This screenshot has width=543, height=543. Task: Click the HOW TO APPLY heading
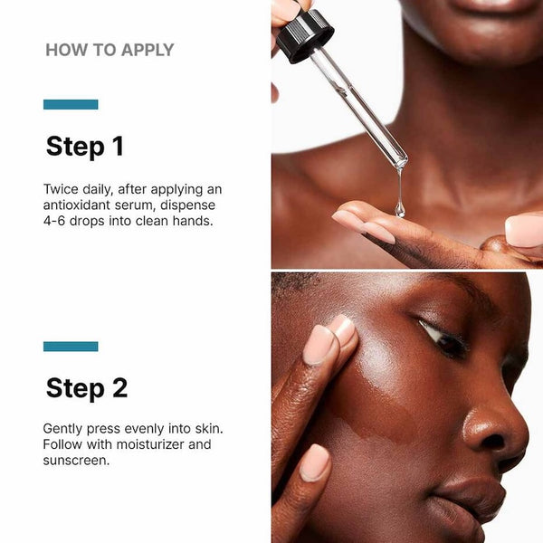(x=110, y=50)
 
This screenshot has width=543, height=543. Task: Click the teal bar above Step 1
(x=71, y=104)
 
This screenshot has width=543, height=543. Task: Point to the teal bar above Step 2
(x=71, y=346)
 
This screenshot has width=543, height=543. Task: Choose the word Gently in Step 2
(x=64, y=428)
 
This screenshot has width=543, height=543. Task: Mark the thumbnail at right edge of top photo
(x=525, y=230)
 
